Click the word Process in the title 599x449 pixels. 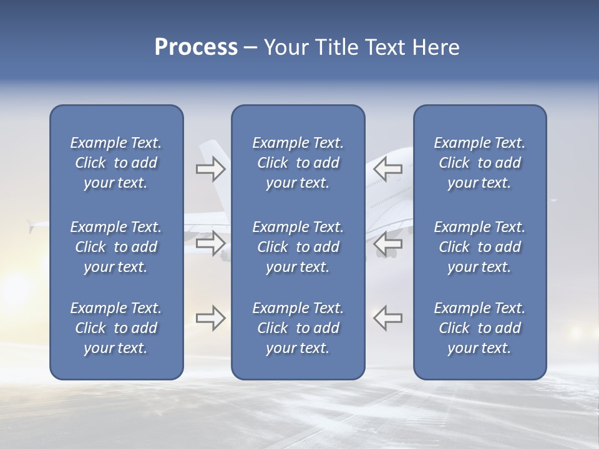(196, 47)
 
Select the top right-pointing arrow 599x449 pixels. (210, 169)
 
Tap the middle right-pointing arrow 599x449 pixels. (210, 243)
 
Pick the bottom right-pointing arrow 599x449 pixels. (210, 318)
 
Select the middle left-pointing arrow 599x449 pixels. (388, 243)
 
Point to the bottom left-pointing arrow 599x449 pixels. (388, 318)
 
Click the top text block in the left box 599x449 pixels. (116, 163)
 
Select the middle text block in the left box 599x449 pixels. (116, 247)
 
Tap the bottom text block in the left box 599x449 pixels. (116, 328)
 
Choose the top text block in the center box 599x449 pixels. (298, 163)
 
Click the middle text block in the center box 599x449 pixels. (298, 247)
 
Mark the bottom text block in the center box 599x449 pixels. (298, 328)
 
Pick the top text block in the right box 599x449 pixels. (479, 163)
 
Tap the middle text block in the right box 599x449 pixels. (479, 247)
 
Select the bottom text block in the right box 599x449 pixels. (479, 328)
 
